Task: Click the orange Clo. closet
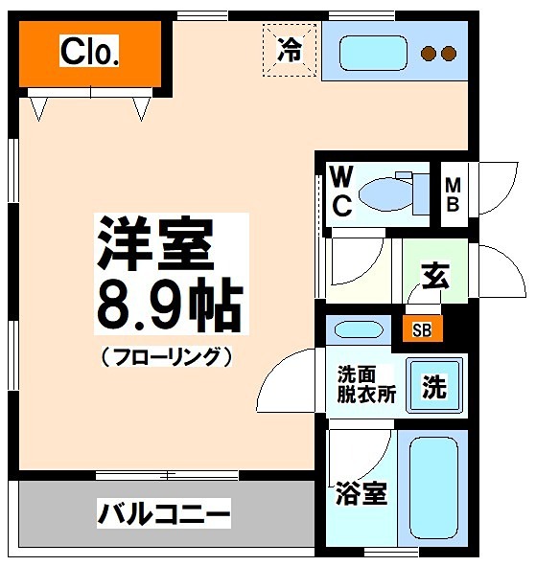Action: [89, 53]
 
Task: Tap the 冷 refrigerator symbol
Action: [288, 50]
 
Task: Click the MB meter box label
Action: [453, 194]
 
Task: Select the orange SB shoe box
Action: [421, 330]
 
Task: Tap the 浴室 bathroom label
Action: [361, 494]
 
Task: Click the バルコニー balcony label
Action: [163, 515]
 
